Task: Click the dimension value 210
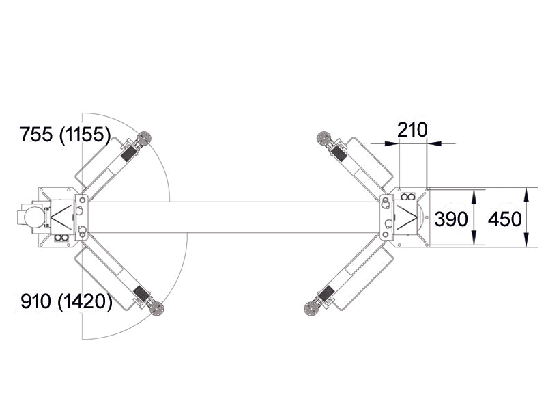pyautogui.click(x=412, y=129)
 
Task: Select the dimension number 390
pyautogui.click(x=451, y=219)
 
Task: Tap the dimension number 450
pyautogui.click(x=505, y=219)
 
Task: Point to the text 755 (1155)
pyautogui.click(x=66, y=135)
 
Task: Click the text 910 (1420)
pyautogui.click(x=66, y=301)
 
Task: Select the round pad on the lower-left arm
pyautogui.click(x=158, y=307)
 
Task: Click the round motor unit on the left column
pyautogui.click(x=33, y=217)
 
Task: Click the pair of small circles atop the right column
pyautogui.click(x=407, y=197)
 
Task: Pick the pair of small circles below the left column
pyautogui.click(x=60, y=238)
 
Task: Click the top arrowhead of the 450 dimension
pyautogui.click(x=526, y=193)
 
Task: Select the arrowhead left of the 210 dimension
pyautogui.click(x=391, y=143)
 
